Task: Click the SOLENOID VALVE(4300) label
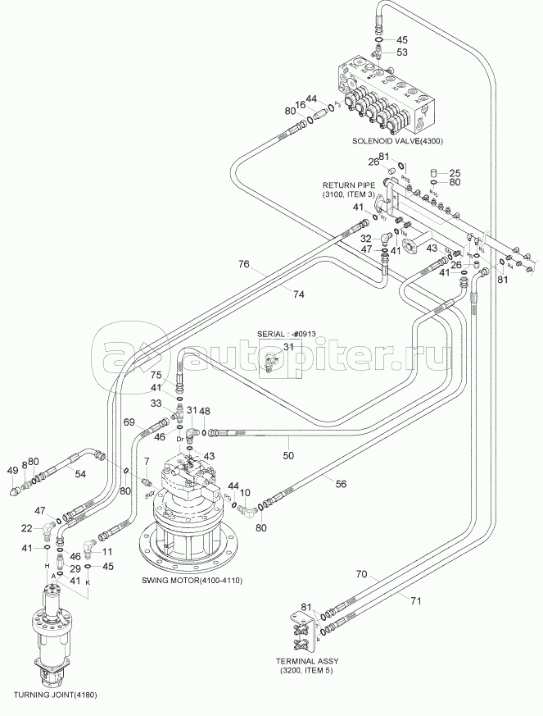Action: coord(397,141)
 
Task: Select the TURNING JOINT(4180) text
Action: coord(52,696)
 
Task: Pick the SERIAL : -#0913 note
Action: coord(287,335)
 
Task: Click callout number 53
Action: coord(401,53)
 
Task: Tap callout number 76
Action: coord(243,264)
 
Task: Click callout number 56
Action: coord(341,483)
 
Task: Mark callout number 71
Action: coord(416,600)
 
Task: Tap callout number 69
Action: coord(129,422)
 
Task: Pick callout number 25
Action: coord(455,172)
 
